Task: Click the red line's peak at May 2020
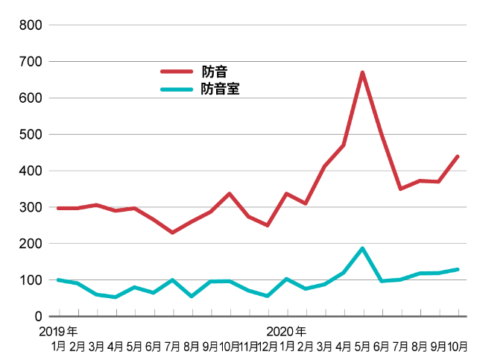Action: point(362,72)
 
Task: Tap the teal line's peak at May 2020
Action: point(362,248)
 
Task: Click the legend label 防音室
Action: point(220,89)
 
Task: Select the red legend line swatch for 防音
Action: point(177,72)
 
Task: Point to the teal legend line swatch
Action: point(177,89)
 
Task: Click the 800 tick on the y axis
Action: point(30,25)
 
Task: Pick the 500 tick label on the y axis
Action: point(30,135)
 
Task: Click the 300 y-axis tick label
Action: point(30,207)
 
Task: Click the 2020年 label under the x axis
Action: point(286,331)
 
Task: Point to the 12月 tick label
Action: point(268,346)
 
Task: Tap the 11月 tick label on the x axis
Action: point(249,346)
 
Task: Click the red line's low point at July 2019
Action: point(172,233)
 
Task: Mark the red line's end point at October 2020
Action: point(457,157)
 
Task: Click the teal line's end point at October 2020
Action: point(457,270)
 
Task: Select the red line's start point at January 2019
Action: point(58,208)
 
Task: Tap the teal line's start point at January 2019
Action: point(58,280)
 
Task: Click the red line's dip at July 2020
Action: point(400,189)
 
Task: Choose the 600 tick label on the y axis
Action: point(30,98)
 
